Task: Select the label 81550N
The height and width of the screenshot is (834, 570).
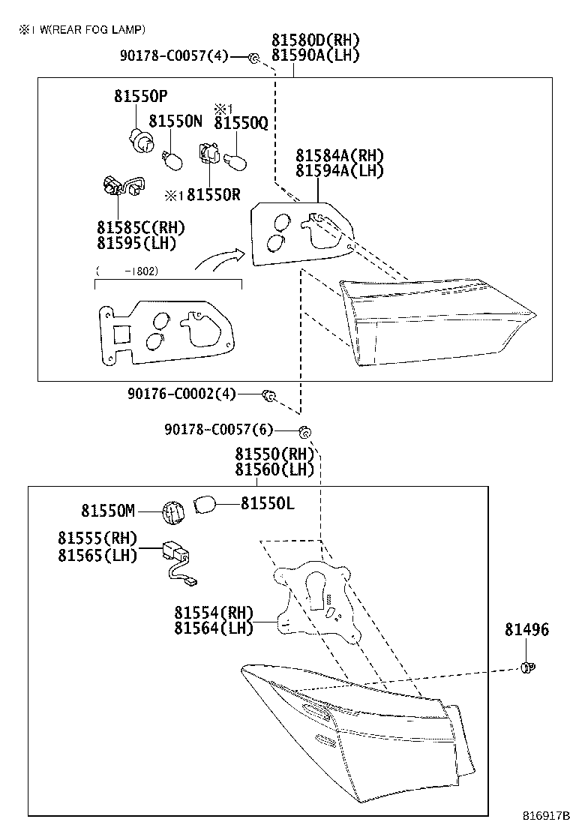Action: [x=175, y=121]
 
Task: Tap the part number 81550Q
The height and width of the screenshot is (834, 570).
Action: [x=241, y=123]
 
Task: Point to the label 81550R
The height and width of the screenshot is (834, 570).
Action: [x=213, y=195]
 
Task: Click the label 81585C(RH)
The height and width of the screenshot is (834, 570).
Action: [x=140, y=227]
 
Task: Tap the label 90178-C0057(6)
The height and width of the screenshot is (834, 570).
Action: [x=218, y=430]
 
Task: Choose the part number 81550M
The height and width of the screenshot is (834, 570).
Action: [x=108, y=511]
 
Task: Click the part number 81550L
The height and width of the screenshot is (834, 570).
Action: [x=267, y=504]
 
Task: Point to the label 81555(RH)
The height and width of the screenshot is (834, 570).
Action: [x=97, y=538]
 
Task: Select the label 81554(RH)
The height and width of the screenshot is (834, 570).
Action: [x=214, y=612]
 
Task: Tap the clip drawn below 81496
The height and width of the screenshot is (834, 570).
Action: [x=527, y=666]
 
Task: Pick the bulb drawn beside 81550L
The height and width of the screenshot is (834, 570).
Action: [x=205, y=504]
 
